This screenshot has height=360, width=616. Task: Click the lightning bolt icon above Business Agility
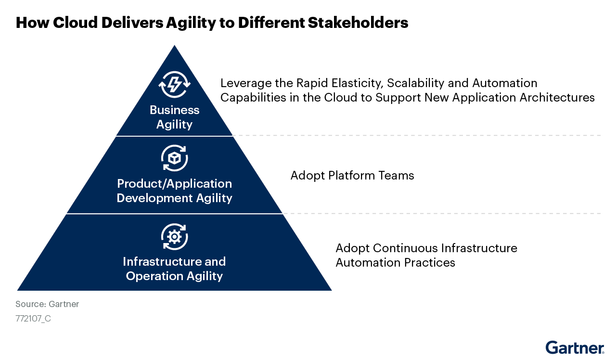coord(174,84)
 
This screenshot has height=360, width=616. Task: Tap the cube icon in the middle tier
coord(174,158)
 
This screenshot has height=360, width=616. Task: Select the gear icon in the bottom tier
coord(174,237)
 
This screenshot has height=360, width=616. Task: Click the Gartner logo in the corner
coord(575,347)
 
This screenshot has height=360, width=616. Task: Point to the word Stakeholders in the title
coord(358,23)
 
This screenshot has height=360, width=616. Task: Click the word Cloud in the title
coord(75,23)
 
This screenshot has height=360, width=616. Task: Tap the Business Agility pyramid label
coord(174,117)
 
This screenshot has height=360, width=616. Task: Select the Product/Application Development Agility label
coord(174,191)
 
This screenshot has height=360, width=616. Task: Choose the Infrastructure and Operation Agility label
coord(174,269)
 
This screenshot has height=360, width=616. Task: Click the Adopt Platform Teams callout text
coord(352,176)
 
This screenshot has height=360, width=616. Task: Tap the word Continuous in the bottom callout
coord(405,248)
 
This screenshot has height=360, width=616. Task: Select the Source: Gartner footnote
coord(47,304)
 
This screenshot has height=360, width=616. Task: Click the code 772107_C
coord(33,319)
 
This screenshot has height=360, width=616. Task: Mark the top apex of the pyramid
coord(174,45)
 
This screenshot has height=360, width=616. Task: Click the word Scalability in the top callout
coord(415,83)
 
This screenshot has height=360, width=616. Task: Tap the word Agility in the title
coord(191,23)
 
